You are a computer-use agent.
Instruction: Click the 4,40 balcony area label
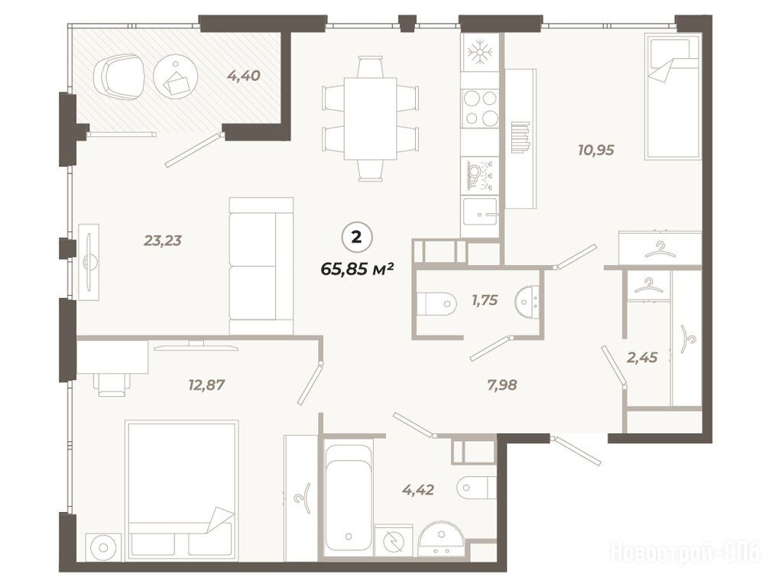(243, 76)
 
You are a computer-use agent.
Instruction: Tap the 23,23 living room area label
(163, 240)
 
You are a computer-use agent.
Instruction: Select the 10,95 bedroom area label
(596, 150)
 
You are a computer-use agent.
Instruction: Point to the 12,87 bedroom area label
(206, 384)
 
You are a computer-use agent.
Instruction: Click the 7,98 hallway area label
(501, 384)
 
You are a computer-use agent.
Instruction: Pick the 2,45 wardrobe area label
(642, 357)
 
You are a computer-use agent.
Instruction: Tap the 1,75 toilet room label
(485, 300)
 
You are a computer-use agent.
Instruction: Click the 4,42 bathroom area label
(418, 489)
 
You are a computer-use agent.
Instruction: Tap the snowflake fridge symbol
(480, 52)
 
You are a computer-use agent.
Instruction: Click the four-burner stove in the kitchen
(480, 107)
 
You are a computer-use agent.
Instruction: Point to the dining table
(370, 118)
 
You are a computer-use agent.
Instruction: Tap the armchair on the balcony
(119, 77)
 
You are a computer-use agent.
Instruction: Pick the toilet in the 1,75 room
(435, 301)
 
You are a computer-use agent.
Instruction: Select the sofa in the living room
(261, 266)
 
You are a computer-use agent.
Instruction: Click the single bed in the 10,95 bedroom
(673, 99)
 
